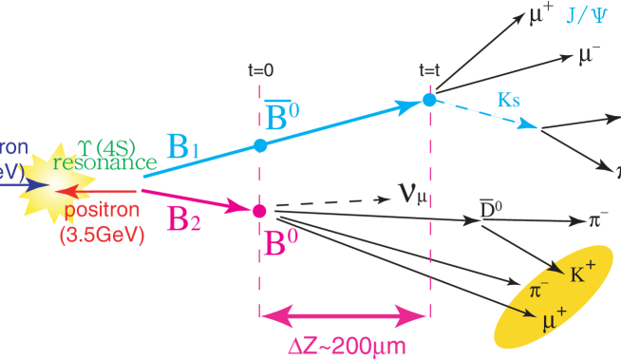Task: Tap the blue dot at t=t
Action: coord(429,99)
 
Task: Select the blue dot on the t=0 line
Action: coord(260,145)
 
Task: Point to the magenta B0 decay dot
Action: coord(259,210)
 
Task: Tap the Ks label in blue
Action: coord(508,99)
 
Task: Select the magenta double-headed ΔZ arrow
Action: coord(345,314)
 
